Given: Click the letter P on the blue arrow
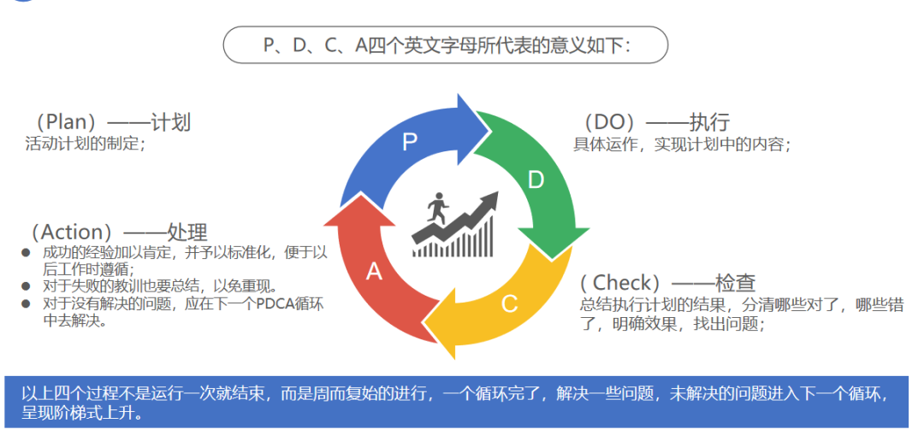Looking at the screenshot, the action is (x=410, y=142).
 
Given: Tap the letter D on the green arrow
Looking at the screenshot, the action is (x=535, y=179).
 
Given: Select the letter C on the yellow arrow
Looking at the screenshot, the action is (x=509, y=304).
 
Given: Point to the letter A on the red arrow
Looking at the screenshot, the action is (x=374, y=272).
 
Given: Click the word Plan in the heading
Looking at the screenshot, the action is (x=71, y=122).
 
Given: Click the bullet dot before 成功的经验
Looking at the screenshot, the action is (x=26, y=253).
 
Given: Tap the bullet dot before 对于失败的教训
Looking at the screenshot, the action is (x=26, y=286).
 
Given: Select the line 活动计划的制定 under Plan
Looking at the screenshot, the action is (x=85, y=144).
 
